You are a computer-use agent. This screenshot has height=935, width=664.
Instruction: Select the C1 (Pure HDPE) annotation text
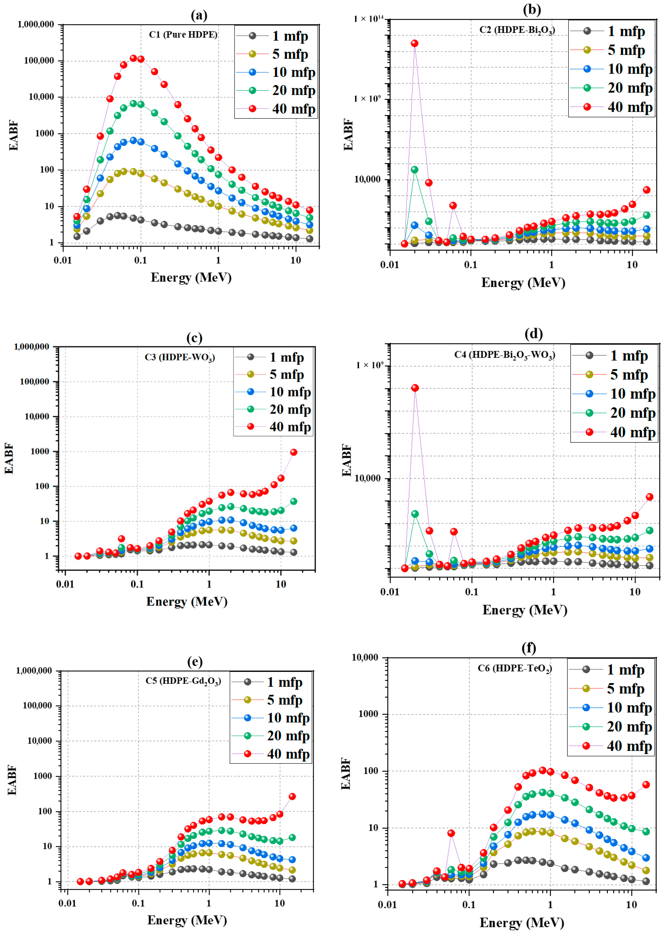(x=183, y=34)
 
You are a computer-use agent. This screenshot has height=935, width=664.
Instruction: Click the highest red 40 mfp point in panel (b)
(x=415, y=43)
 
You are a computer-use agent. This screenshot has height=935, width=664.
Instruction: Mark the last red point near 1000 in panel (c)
(x=294, y=452)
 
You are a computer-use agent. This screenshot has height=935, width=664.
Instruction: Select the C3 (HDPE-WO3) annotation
(x=180, y=357)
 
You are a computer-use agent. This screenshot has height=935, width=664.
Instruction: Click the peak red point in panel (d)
(x=415, y=388)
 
